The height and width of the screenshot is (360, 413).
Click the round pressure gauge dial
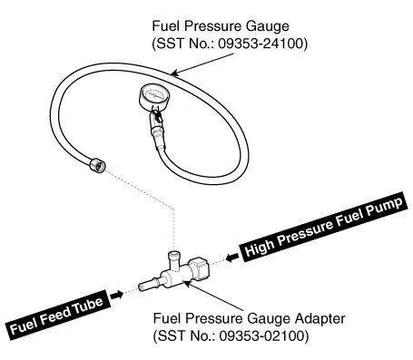pos(154,97)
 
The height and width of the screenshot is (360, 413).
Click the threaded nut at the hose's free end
pos(97,165)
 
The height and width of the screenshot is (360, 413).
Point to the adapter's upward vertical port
pos(174,260)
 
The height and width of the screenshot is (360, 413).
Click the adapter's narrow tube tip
pos(148,285)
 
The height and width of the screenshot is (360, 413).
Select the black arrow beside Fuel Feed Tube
pos(116,295)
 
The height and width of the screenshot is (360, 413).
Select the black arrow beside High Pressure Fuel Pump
pos(232,258)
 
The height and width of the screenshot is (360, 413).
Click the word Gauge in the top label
pos(267,26)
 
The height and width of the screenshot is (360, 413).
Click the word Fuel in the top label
pos(166,26)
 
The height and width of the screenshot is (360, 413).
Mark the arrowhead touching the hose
pos(174,73)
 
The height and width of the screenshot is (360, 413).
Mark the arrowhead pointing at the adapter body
pos(187,283)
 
